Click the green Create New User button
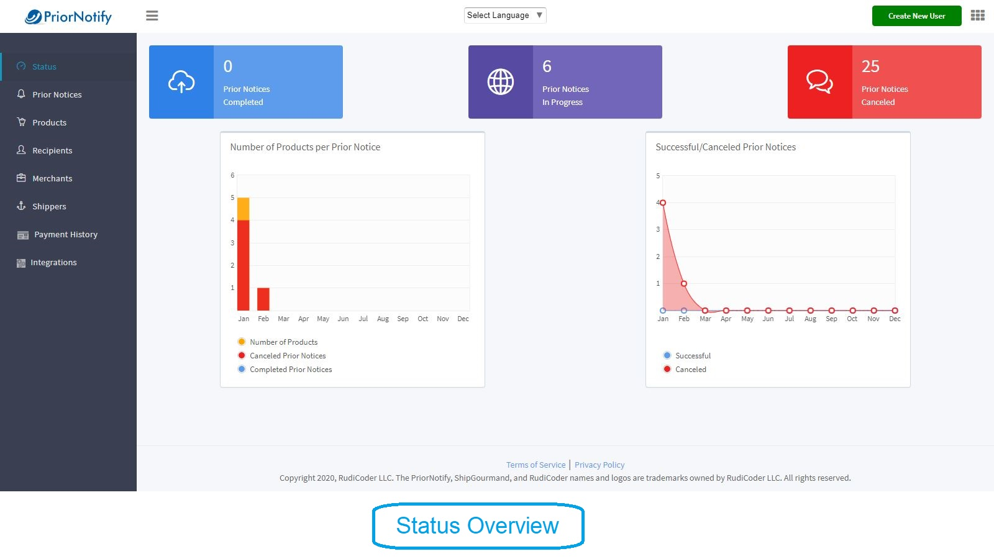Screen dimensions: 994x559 (x=916, y=16)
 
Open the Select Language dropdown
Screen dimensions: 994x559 (x=505, y=15)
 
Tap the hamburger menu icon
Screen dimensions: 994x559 (x=152, y=16)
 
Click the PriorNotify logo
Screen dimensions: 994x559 (x=68, y=17)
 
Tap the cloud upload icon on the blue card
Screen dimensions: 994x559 (x=181, y=81)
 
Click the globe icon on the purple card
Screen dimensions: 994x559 (x=501, y=81)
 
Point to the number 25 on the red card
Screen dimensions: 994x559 (x=870, y=66)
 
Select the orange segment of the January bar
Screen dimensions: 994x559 (x=243, y=209)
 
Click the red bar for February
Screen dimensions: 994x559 (x=263, y=299)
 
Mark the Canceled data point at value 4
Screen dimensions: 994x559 (x=662, y=202)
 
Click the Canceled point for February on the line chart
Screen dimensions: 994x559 (x=684, y=283)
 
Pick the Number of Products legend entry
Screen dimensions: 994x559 (x=278, y=342)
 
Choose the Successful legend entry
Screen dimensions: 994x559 (x=687, y=355)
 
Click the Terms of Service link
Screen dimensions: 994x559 (x=536, y=465)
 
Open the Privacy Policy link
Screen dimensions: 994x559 (x=599, y=465)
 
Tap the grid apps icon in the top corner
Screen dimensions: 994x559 (x=978, y=16)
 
